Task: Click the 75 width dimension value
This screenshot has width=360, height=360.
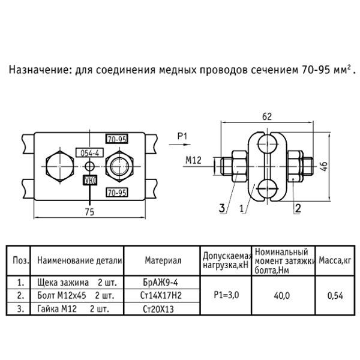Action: click(89, 212)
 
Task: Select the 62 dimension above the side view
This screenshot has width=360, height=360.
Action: click(267, 116)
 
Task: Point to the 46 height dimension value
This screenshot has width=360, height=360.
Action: click(324, 166)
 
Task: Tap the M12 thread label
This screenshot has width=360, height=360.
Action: click(193, 160)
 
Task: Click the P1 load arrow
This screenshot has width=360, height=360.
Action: click(180, 145)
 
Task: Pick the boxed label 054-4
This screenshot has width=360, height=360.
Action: click(90, 152)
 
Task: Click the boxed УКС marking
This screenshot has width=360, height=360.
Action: click(90, 181)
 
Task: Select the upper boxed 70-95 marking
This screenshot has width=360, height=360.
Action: click(117, 139)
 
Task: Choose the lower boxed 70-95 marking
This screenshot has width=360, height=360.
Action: click(117, 193)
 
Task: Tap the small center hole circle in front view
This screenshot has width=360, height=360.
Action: click(90, 166)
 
